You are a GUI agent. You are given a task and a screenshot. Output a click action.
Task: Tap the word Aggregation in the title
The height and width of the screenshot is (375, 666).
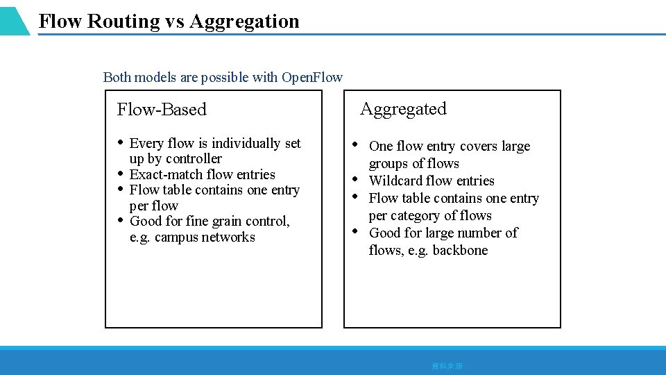tap(244, 22)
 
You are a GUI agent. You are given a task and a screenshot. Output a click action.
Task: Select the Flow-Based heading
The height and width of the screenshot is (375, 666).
tap(162, 110)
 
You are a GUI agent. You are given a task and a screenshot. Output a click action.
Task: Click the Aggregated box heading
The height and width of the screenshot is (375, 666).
tap(403, 109)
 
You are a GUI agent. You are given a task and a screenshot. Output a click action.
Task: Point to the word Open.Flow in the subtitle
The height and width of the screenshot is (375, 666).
tap(311, 77)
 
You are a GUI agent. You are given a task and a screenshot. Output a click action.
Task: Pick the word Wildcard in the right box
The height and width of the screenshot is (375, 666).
tap(395, 181)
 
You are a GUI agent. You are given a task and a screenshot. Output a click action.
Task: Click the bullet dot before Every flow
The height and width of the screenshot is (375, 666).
tap(121, 142)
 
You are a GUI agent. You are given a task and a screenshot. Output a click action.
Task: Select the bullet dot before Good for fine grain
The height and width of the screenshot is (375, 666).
tap(121, 221)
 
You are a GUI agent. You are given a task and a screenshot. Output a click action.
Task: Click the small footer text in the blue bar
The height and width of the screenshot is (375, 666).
tap(450, 365)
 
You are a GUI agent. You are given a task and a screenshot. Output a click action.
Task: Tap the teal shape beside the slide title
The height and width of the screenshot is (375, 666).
tap(14, 20)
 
